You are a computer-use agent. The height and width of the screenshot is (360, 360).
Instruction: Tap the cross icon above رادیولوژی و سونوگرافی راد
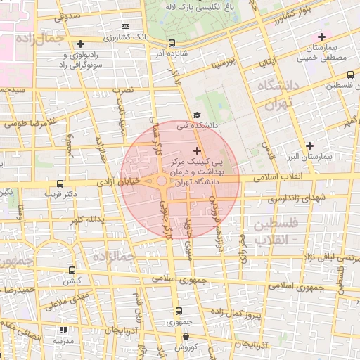pyautogui.click(x=81, y=44)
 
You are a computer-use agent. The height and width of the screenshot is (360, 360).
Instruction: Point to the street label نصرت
pyautogui.click(x=124, y=91)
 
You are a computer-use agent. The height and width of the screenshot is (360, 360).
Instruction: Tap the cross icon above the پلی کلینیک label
pyautogui.click(x=196, y=150)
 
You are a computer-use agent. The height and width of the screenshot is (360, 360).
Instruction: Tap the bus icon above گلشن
pyautogui.click(x=72, y=270)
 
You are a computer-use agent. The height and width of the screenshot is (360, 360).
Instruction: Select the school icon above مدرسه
pyautogui.click(x=63, y=329)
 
